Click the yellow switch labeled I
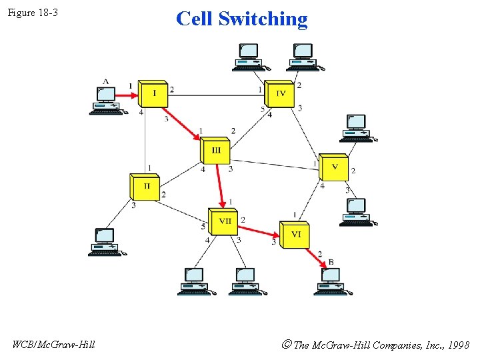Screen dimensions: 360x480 pyautogui.click(x=152, y=93)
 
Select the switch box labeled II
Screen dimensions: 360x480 pyautogui.click(x=145, y=186)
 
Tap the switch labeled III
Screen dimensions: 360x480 pyautogui.click(x=215, y=151)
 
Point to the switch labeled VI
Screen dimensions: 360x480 pyautogui.click(x=295, y=235)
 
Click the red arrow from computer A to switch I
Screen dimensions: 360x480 pyautogui.click(x=127, y=95)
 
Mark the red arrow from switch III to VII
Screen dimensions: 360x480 pyautogui.click(x=219, y=185)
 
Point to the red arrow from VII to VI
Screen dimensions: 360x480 pyautogui.click(x=259, y=229)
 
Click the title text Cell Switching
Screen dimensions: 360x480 pyautogui.click(x=241, y=19)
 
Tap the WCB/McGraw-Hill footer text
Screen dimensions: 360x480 pyautogui.click(x=54, y=345)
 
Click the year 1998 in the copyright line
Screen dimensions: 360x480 pyautogui.click(x=458, y=345)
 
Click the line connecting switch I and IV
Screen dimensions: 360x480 pyautogui.click(x=213, y=95)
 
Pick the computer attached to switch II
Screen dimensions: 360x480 pyautogui.click(x=106, y=242)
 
